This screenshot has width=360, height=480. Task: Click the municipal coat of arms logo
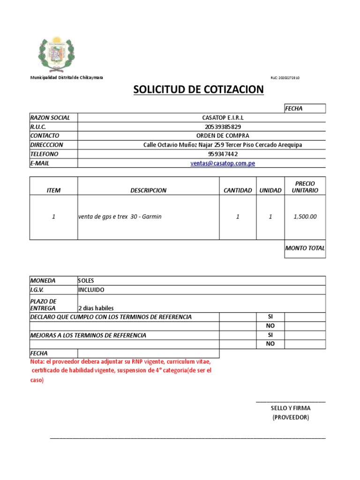pos(56,52)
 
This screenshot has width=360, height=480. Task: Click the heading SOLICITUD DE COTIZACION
pos(199,90)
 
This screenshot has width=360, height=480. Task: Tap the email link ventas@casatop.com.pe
pos(223,164)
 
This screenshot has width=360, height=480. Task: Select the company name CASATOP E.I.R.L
pos(223,118)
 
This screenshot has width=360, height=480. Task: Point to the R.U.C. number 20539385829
pos(223,127)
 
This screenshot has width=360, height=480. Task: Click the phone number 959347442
pos(223,154)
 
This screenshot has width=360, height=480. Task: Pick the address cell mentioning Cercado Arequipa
pos(223,145)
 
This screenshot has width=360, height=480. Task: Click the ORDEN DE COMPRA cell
pos(223,136)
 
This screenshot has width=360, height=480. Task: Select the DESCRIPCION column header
pos(148,190)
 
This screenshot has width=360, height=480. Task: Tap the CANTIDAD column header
pos(238,190)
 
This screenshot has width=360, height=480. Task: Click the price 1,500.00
pos(305,217)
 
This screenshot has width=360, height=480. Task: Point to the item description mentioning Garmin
pos(120,217)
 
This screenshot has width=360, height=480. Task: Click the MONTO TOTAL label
pos(305,248)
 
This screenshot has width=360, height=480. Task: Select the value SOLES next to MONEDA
pos(86,280)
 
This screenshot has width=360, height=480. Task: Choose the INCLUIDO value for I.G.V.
pos(91,290)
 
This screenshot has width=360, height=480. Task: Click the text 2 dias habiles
pos(96,308)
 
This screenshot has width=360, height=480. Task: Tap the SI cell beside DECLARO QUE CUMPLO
pos(270,317)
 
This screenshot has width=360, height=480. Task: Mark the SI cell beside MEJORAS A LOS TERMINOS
pos(270,335)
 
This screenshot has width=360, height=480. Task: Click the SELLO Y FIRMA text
pos(291,408)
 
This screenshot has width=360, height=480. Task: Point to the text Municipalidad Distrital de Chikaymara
pos(67,77)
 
